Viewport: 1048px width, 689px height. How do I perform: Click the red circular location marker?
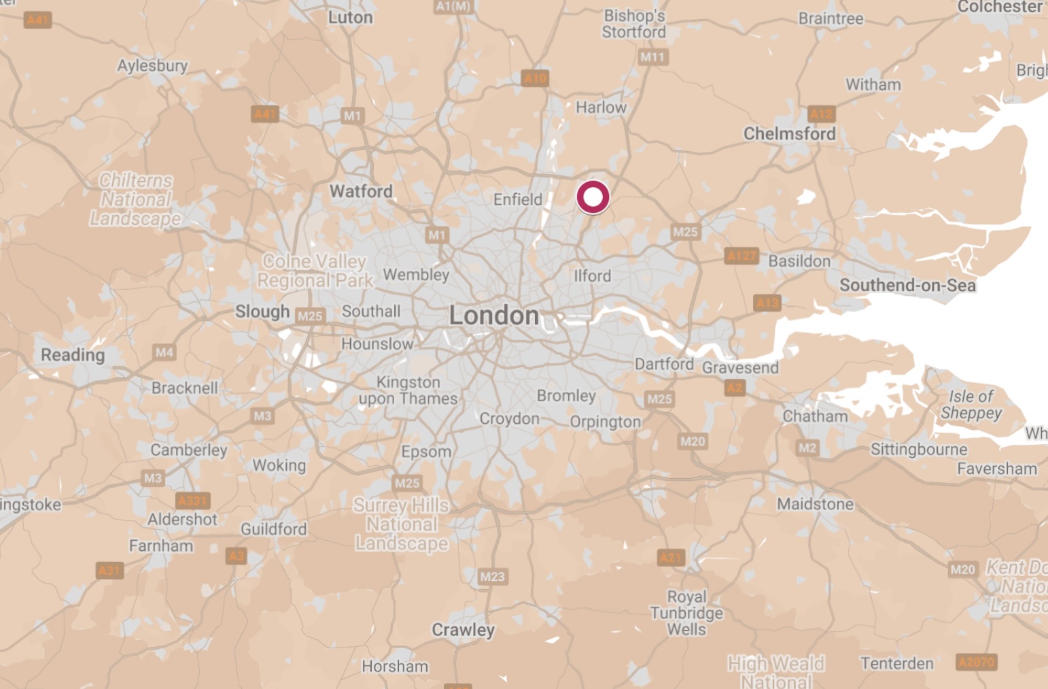(593, 197)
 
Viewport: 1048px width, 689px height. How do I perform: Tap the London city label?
(494, 316)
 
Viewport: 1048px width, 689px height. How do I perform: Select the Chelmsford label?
(789, 133)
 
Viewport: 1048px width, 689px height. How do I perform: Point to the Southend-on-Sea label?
(907, 285)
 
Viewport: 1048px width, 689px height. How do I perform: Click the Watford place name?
(361, 191)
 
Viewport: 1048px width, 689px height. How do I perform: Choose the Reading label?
(73, 354)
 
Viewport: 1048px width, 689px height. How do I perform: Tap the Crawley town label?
(463, 630)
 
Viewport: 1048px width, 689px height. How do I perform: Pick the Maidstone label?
(815, 504)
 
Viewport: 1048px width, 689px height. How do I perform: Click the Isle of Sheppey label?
(971, 405)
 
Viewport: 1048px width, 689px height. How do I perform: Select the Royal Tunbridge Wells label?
(686, 613)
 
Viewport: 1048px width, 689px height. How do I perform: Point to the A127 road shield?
(741, 256)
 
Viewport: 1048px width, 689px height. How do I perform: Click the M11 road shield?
(652, 57)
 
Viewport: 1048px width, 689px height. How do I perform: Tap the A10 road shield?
(535, 78)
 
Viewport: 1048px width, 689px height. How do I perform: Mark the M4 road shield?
(164, 352)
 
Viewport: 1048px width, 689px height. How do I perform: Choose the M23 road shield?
(492, 577)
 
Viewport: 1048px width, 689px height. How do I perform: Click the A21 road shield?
(670, 558)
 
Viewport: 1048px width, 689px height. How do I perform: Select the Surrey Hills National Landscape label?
(401, 524)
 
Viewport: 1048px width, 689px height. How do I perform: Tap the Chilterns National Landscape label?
(136, 199)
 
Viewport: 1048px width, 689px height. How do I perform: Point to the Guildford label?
(273, 529)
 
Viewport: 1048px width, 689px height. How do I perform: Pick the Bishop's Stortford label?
(634, 24)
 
